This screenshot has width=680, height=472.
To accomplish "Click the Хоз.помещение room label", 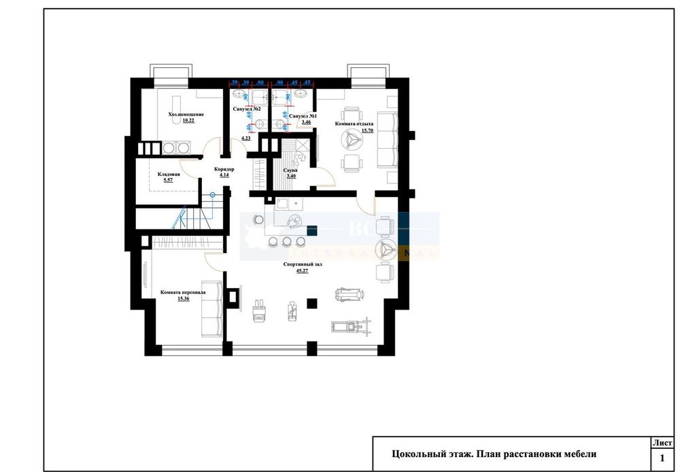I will [x=186, y=115].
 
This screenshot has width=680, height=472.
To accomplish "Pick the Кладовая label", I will [x=169, y=174].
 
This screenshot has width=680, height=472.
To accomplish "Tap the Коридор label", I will [x=224, y=169].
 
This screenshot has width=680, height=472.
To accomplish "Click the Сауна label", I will [x=290, y=170].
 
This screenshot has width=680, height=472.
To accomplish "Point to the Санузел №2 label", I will [x=247, y=109].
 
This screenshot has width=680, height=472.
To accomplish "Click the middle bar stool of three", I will [x=286, y=242].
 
